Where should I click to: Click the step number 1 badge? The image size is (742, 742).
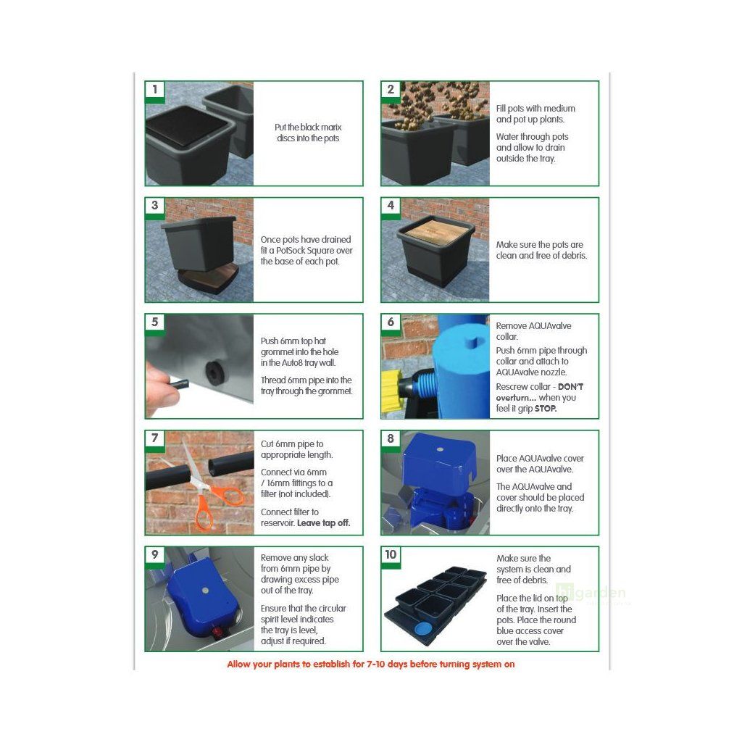pyautogui.click(x=155, y=89)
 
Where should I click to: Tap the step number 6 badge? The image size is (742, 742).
pyautogui.click(x=391, y=322)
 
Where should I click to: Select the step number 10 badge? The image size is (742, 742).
pyautogui.click(x=391, y=554)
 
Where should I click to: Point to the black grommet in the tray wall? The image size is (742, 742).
pyautogui.click(x=214, y=370)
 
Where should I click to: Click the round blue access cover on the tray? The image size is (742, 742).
pyautogui.click(x=423, y=629)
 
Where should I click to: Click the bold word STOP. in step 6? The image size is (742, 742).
pyautogui.click(x=546, y=409)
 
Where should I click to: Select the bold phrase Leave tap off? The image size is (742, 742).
pyautogui.click(x=324, y=523)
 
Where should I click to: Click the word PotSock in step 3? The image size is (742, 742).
pyautogui.click(x=291, y=250)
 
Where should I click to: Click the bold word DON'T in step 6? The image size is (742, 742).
pyautogui.click(x=570, y=387)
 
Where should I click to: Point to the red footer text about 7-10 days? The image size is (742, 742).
pyautogui.click(x=371, y=664)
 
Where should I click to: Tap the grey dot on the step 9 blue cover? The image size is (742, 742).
pyautogui.click(x=205, y=591)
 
